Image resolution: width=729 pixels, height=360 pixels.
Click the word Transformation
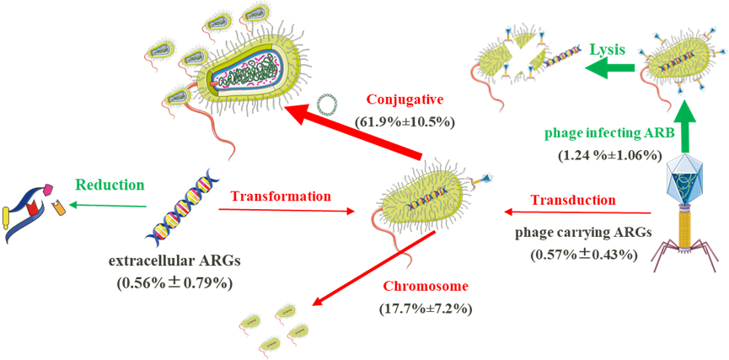pos(281,196)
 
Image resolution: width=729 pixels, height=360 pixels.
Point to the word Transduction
pos(572,200)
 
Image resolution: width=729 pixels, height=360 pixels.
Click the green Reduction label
pos(110,184)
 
